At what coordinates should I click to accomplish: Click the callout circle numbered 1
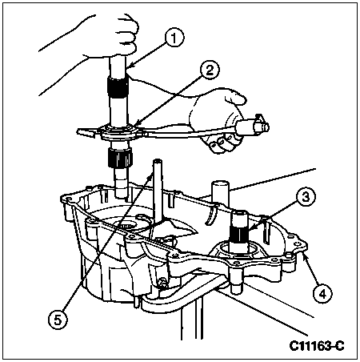[x=174, y=38]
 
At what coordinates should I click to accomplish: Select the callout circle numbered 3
[x=306, y=197]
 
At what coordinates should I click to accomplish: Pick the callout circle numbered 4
[x=322, y=294]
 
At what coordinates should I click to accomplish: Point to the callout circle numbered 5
[x=58, y=320]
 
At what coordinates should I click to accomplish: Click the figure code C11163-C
[x=317, y=346]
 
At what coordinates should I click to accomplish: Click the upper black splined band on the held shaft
[x=118, y=87]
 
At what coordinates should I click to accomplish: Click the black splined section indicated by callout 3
[x=241, y=231]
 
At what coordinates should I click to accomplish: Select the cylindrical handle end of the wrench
[x=252, y=125]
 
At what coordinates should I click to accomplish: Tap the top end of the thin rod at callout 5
[x=157, y=161]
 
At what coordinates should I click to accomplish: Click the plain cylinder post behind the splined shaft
[x=220, y=194]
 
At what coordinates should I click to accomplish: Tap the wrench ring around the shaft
[x=117, y=131]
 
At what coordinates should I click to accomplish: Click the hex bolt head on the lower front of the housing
[x=161, y=282]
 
